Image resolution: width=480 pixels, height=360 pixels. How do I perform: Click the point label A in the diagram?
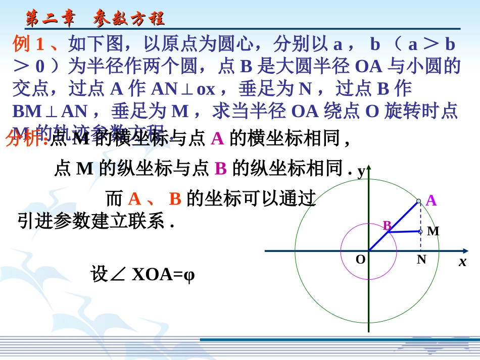431,201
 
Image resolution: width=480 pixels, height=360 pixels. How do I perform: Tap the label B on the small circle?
387,226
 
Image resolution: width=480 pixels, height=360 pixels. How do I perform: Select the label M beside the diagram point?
433,232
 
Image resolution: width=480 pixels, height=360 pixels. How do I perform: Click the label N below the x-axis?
421,260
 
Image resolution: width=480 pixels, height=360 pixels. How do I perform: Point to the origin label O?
360,260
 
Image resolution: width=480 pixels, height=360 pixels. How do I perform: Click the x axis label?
462,262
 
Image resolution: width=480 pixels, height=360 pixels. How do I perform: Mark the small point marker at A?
418,201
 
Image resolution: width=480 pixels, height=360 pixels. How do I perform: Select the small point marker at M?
420,231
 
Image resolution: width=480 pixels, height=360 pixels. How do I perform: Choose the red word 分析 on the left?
25,139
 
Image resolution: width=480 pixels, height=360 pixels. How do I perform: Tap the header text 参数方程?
129,19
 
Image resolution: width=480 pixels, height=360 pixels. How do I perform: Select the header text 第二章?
51,19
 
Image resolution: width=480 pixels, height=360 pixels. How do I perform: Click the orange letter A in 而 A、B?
134,199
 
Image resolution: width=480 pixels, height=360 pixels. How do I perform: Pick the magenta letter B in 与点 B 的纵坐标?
220,169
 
